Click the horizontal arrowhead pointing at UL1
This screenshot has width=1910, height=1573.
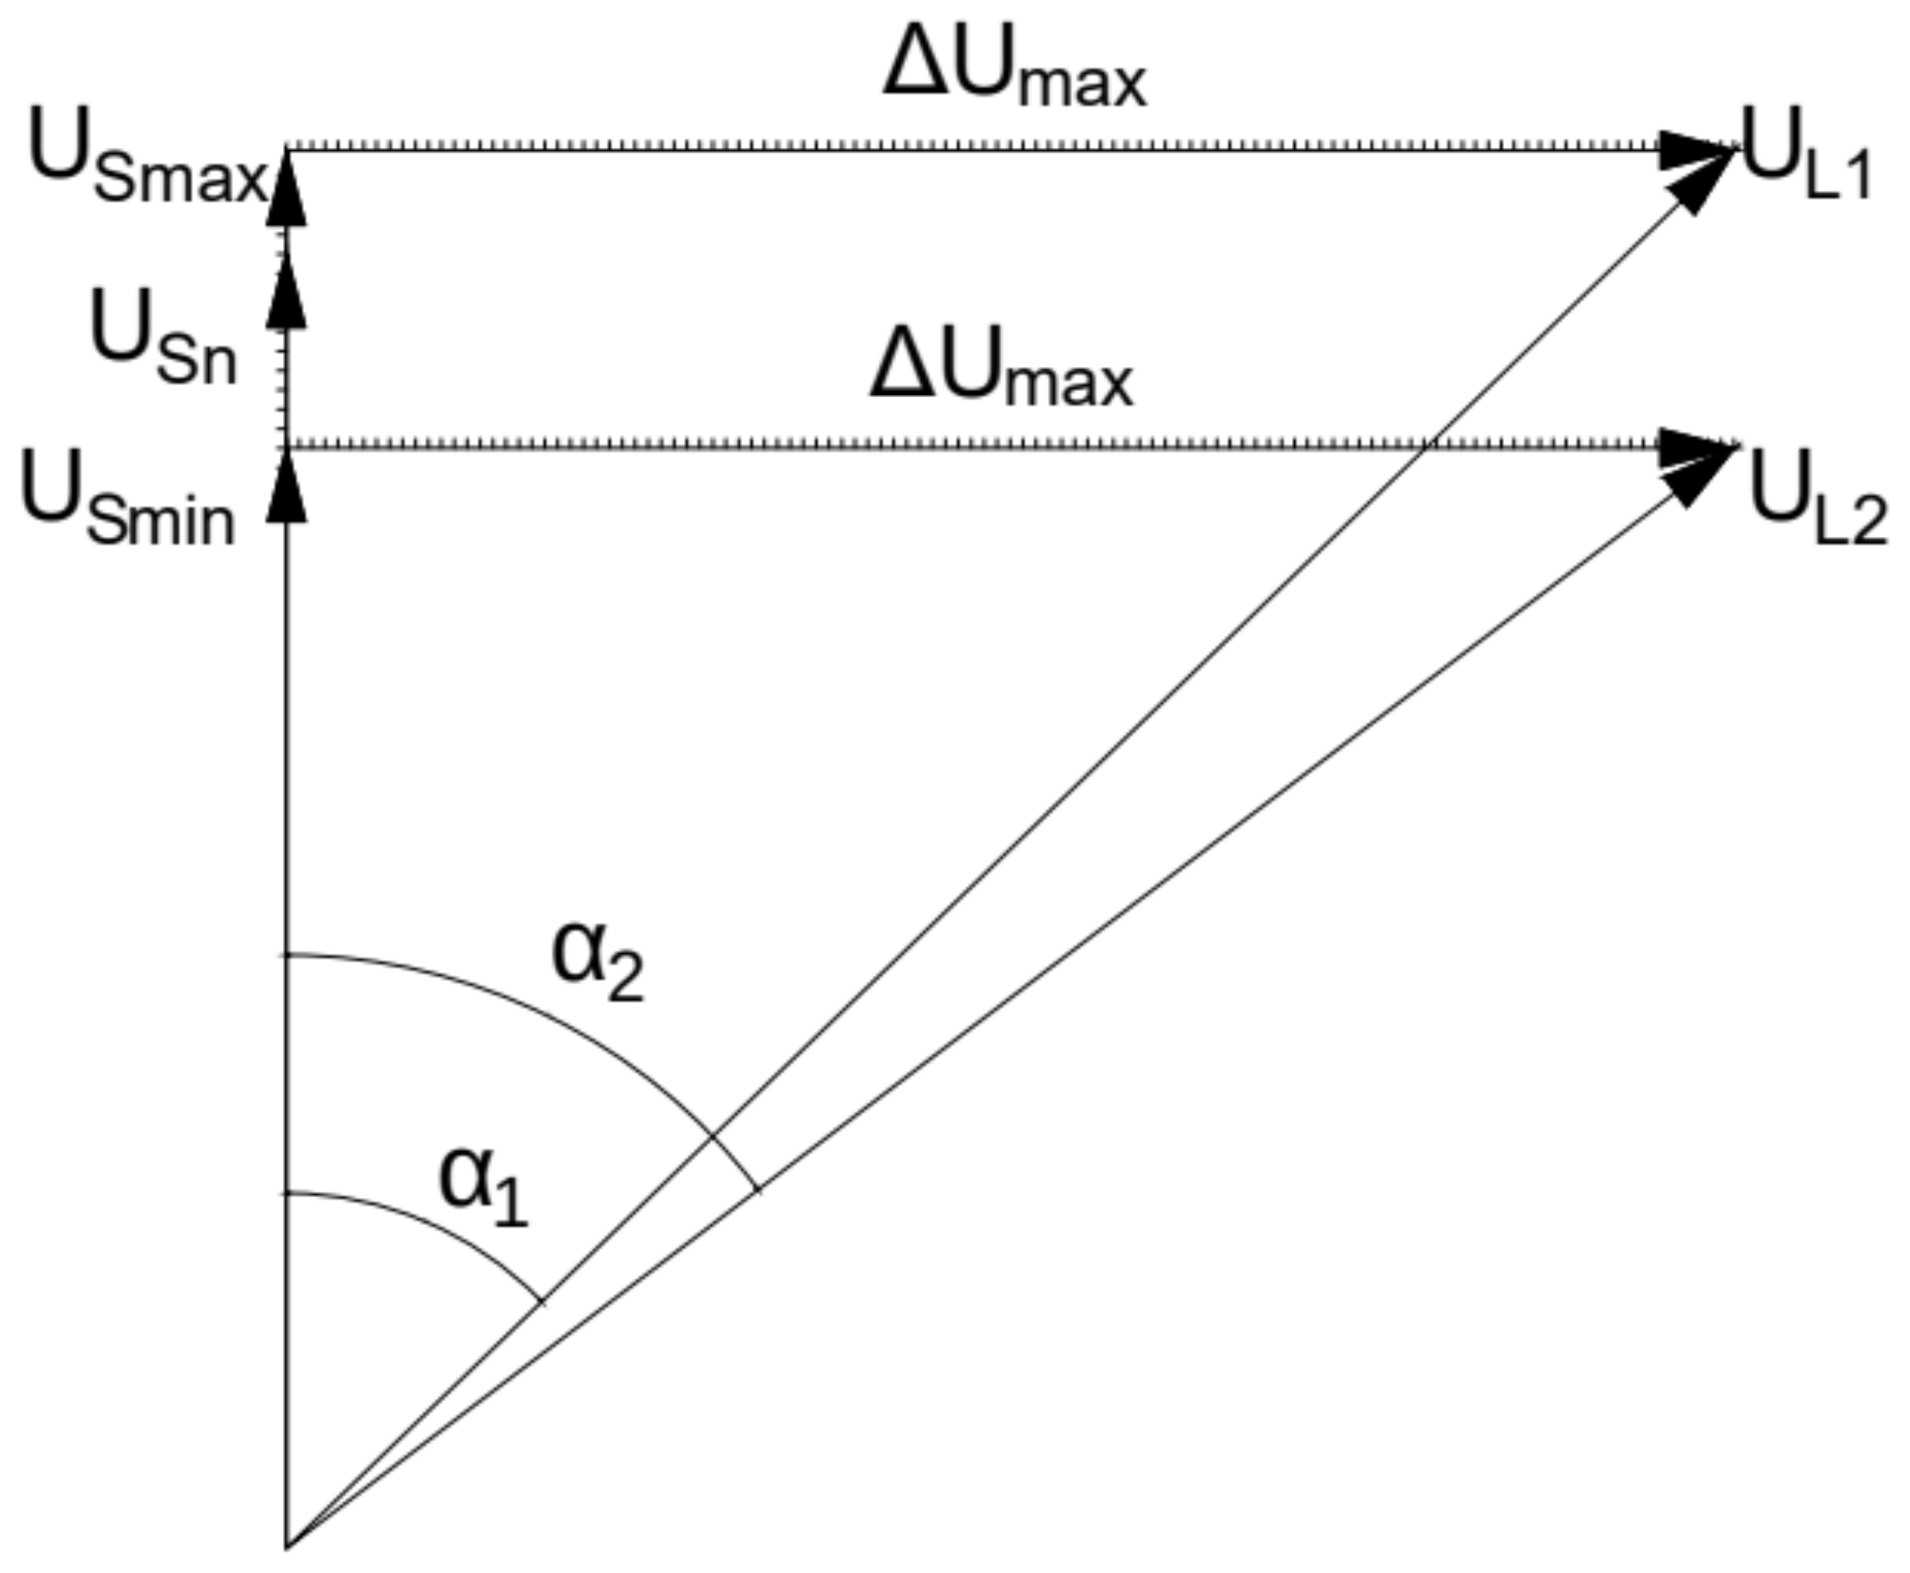tap(1695, 149)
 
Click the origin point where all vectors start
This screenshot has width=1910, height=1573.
tap(288, 1546)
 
